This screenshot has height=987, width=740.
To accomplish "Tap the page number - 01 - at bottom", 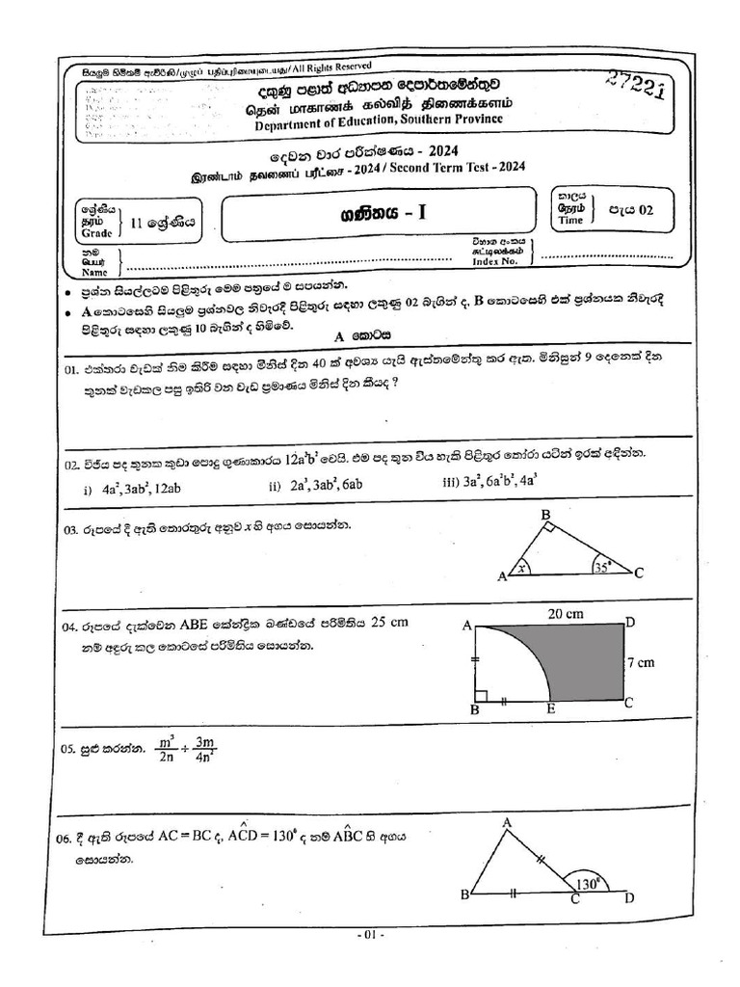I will point(370,934).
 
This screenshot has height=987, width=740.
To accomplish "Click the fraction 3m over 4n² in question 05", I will point(203,750).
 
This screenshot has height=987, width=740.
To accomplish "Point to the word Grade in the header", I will point(96,233).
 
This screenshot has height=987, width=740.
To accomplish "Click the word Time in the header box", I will point(571,220).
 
